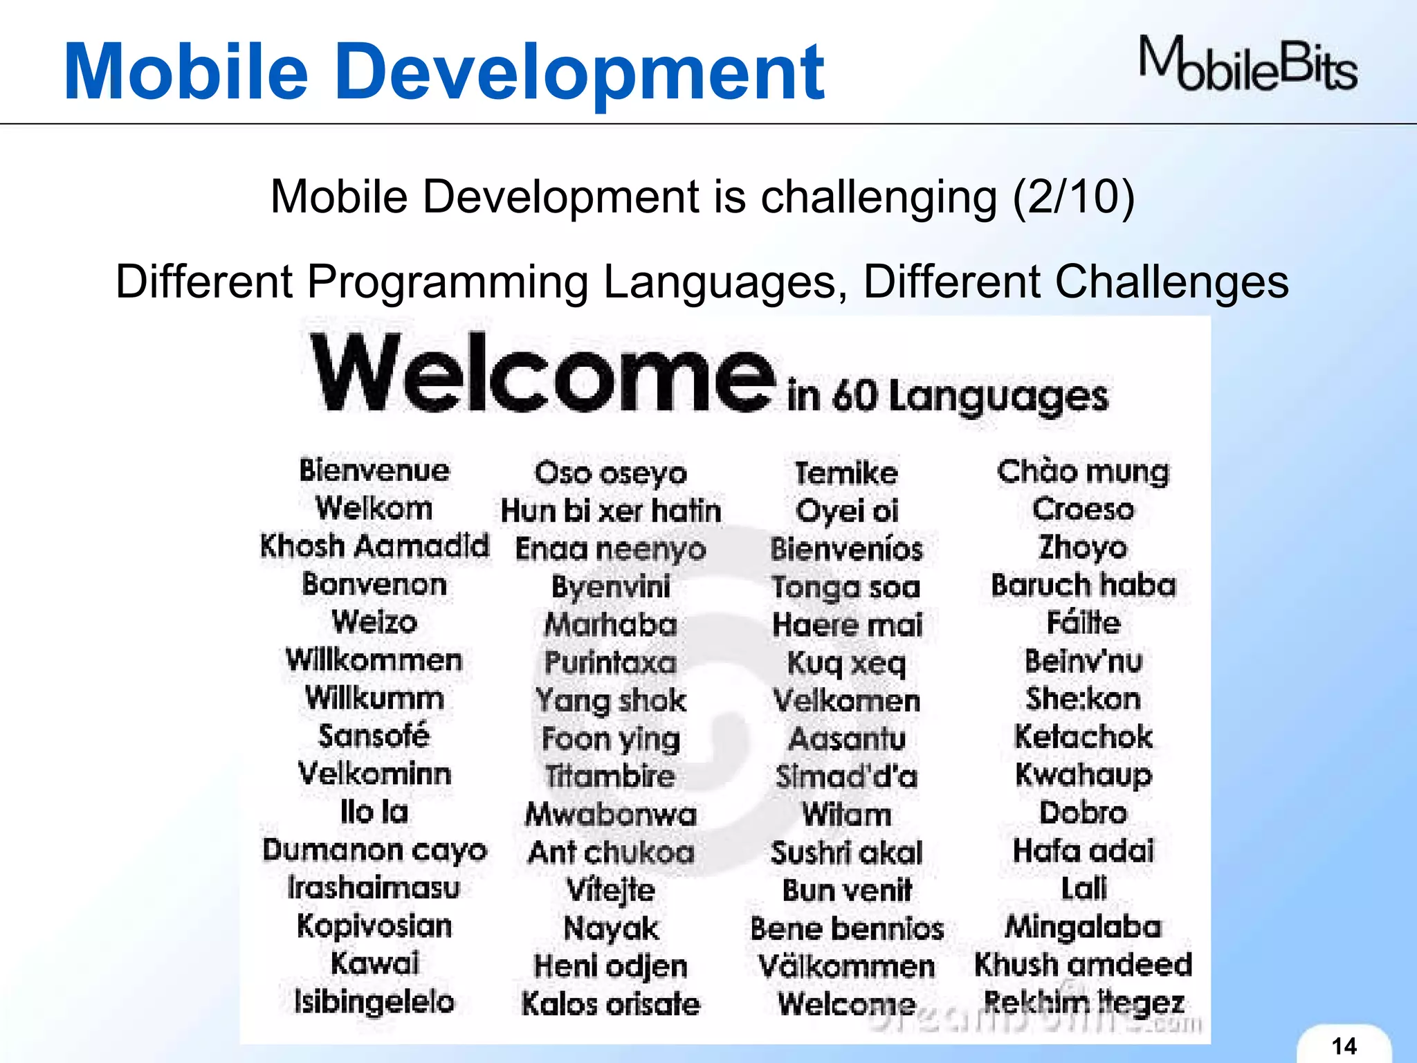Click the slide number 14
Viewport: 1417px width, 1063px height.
tap(1344, 1046)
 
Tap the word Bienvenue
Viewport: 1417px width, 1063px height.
tap(374, 471)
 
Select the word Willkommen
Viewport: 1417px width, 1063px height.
tap(374, 660)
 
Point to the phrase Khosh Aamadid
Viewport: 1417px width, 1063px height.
tap(374, 546)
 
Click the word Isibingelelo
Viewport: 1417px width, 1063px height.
tap(374, 1001)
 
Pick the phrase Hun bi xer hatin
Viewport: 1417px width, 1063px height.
tap(611, 511)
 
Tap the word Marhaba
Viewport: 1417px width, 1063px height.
tap(611, 624)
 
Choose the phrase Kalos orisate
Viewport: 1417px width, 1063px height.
tap(611, 1003)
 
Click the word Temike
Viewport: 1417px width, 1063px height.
tap(846, 473)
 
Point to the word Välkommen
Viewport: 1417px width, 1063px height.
tap(847, 966)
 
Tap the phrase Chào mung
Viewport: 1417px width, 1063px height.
tap(1083, 472)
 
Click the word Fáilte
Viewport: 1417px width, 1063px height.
tap(1084, 621)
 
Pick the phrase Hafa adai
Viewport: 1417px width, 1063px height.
tap(1084, 851)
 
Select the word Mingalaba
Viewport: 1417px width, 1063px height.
tap(1084, 927)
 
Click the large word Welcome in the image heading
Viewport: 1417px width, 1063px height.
tap(542, 374)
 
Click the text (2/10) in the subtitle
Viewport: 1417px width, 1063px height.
tap(1073, 197)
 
